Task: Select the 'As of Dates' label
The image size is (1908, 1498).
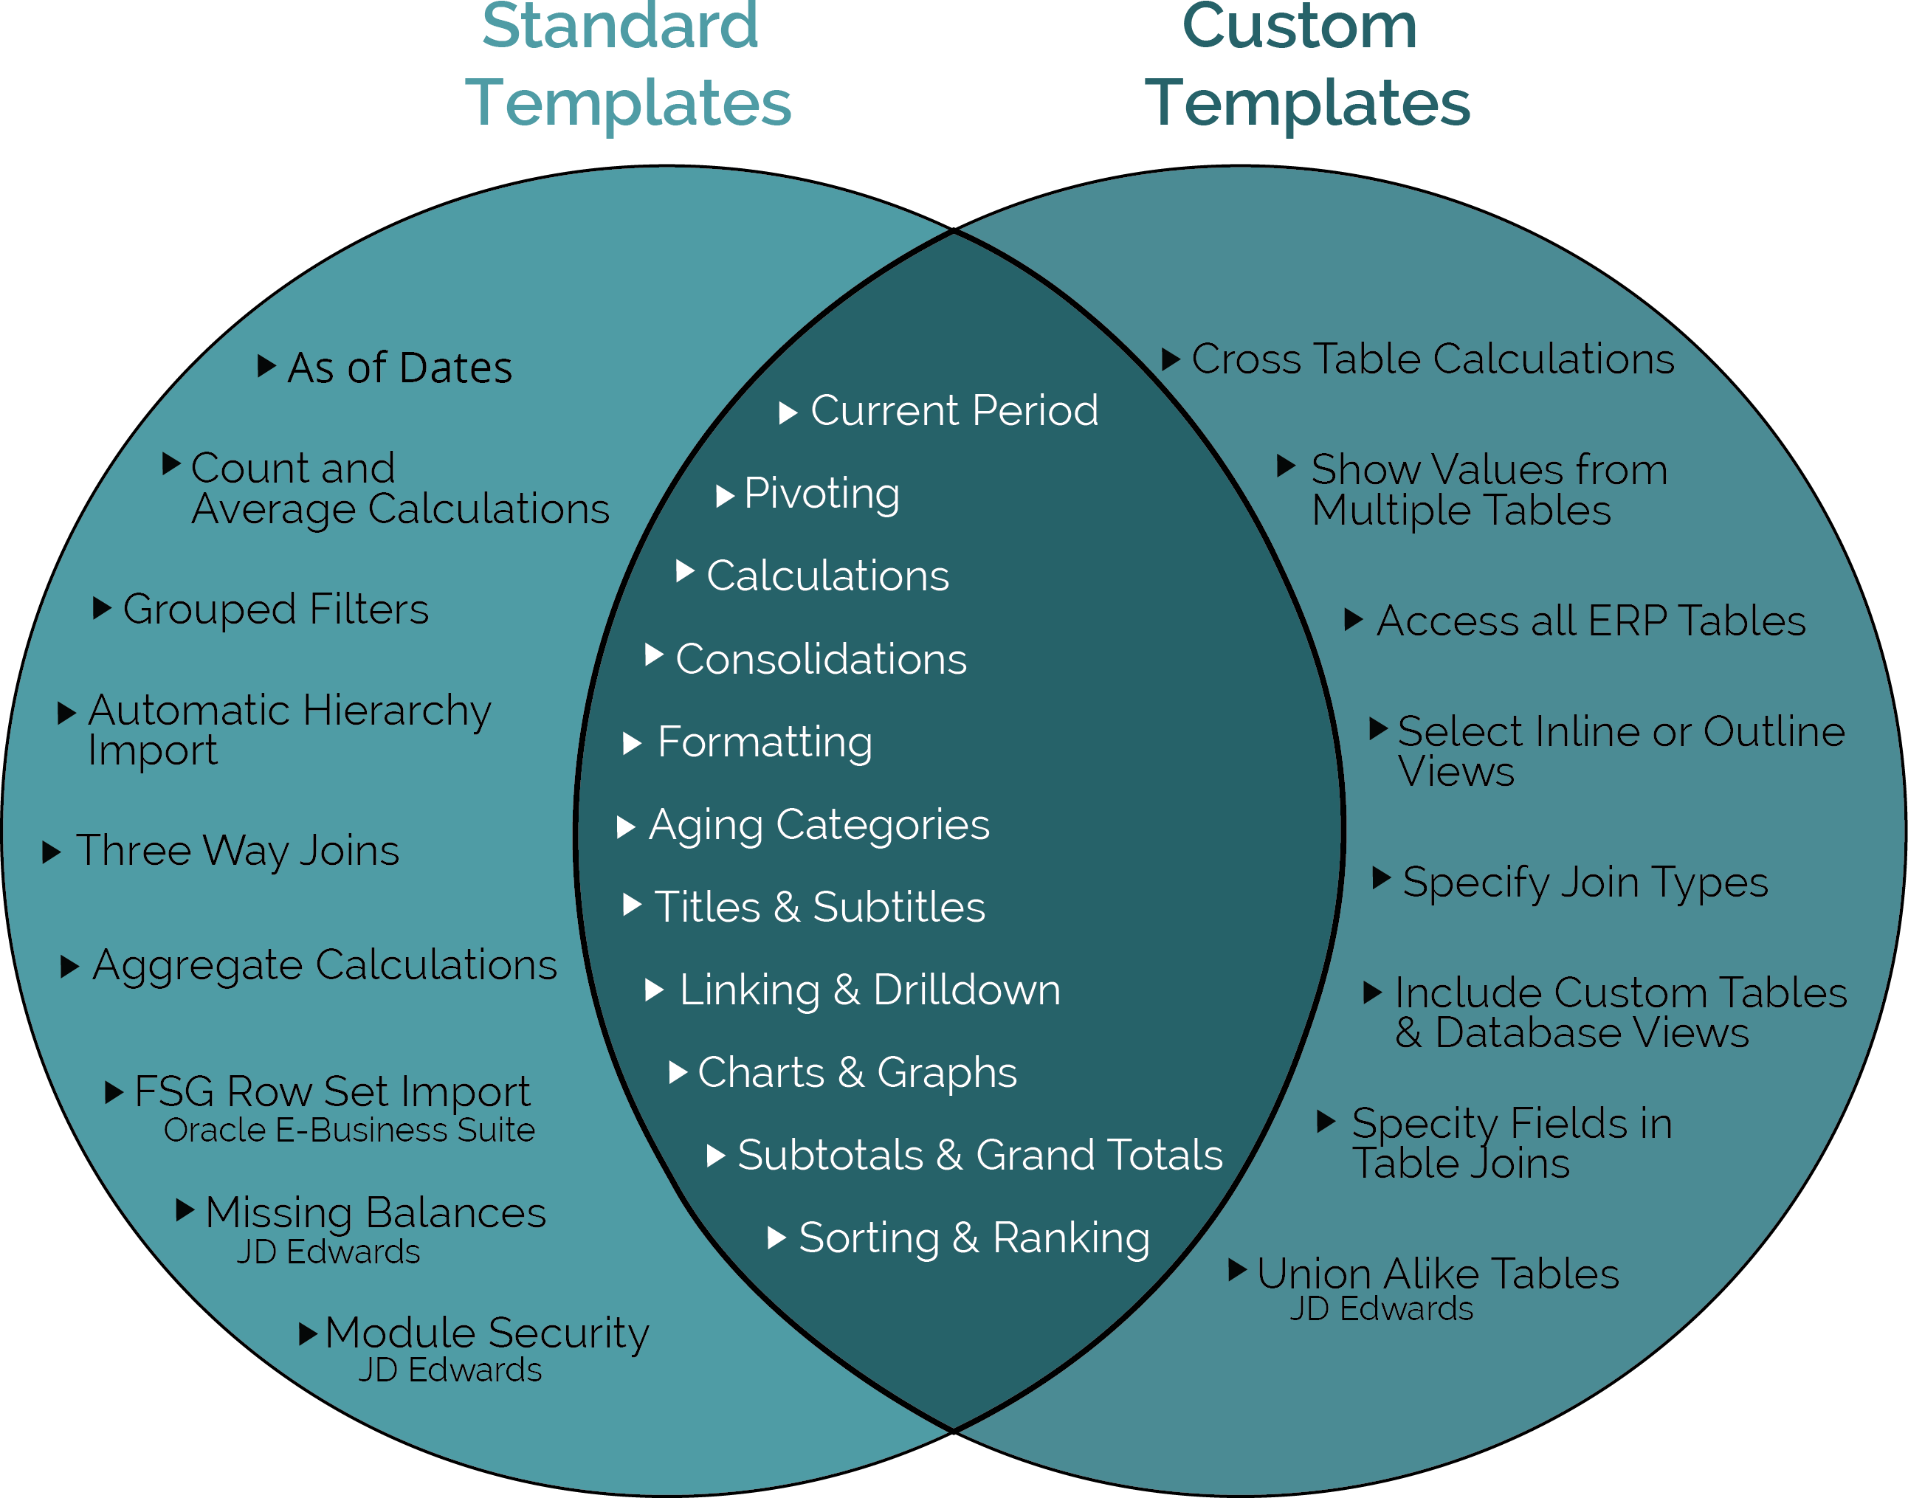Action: (399, 367)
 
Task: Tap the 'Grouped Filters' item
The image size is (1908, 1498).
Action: (275, 610)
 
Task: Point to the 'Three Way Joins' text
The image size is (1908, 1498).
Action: (237, 851)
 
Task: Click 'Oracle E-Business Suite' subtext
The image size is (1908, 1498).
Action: (348, 1131)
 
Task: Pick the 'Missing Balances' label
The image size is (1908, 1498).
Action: (376, 1214)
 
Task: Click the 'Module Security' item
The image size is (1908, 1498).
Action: (487, 1334)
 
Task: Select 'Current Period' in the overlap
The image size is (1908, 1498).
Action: (954, 410)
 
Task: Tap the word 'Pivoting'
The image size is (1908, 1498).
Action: (821, 494)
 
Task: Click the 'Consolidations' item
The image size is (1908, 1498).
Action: (820, 660)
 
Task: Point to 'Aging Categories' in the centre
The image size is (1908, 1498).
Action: (819, 825)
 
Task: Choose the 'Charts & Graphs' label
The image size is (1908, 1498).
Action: (856, 1073)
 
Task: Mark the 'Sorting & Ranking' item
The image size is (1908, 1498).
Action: (974, 1238)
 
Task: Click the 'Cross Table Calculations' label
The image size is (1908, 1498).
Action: (1433, 359)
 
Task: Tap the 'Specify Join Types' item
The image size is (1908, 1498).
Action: (1584, 883)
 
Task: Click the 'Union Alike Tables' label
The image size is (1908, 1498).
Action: (1437, 1274)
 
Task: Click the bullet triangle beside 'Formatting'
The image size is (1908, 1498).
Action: (632, 744)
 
